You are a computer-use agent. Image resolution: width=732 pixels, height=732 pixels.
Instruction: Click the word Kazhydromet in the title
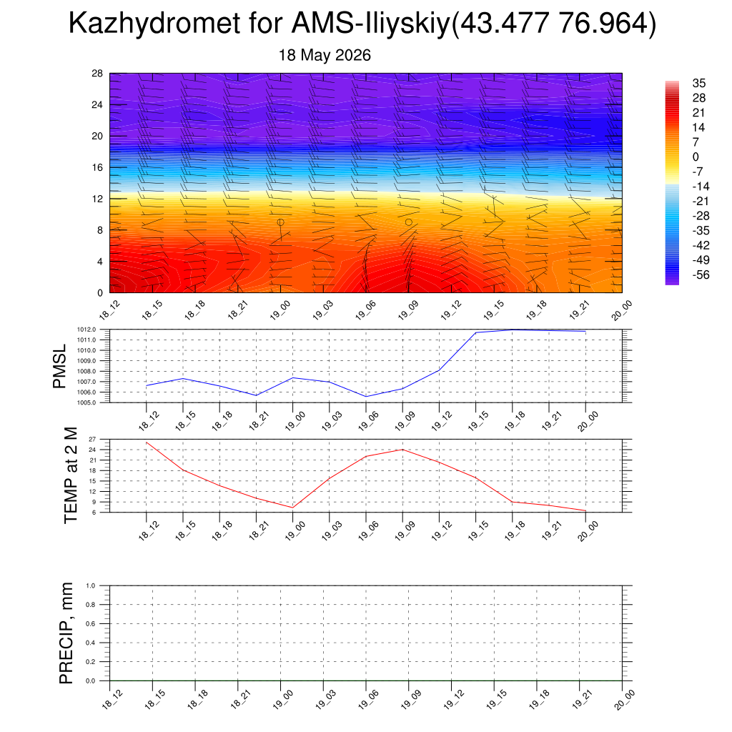(154, 24)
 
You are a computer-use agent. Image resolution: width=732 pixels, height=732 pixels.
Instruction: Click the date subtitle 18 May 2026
(325, 55)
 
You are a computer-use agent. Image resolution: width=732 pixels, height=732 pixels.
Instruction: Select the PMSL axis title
(59, 367)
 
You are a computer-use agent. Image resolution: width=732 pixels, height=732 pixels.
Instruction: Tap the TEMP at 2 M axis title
(71, 475)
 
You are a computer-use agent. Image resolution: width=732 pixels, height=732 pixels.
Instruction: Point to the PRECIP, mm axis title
(66, 633)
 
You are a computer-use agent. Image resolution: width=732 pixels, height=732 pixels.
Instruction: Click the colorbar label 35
(699, 83)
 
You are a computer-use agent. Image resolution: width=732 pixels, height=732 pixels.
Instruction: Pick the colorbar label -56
(701, 275)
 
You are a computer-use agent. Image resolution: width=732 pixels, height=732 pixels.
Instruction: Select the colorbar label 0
(696, 157)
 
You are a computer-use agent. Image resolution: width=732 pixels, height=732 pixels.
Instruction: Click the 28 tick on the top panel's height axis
(97, 74)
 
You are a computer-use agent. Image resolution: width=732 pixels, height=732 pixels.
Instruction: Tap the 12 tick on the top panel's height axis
(97, 199)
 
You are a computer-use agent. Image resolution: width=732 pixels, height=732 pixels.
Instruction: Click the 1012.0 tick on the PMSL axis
(86, 330)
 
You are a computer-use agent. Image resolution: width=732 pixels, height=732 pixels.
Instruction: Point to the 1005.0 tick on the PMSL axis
(86, 402)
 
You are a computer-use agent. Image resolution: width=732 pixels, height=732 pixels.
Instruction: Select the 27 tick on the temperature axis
(92, 440)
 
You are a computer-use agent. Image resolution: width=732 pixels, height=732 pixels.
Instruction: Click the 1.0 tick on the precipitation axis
(91, 585)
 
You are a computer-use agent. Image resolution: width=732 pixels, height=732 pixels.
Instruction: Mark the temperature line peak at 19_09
(402, 450)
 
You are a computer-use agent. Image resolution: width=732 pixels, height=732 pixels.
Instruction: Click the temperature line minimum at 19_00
(292, 508)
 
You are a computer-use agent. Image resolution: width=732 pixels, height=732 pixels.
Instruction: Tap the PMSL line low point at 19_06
(366, 397)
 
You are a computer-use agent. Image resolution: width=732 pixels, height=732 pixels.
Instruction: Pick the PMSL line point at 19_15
(475, 332)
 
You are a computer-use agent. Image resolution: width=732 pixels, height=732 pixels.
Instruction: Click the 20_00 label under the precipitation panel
(623, 700)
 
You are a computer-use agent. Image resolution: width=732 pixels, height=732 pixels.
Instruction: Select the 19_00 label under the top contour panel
(280, 310)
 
